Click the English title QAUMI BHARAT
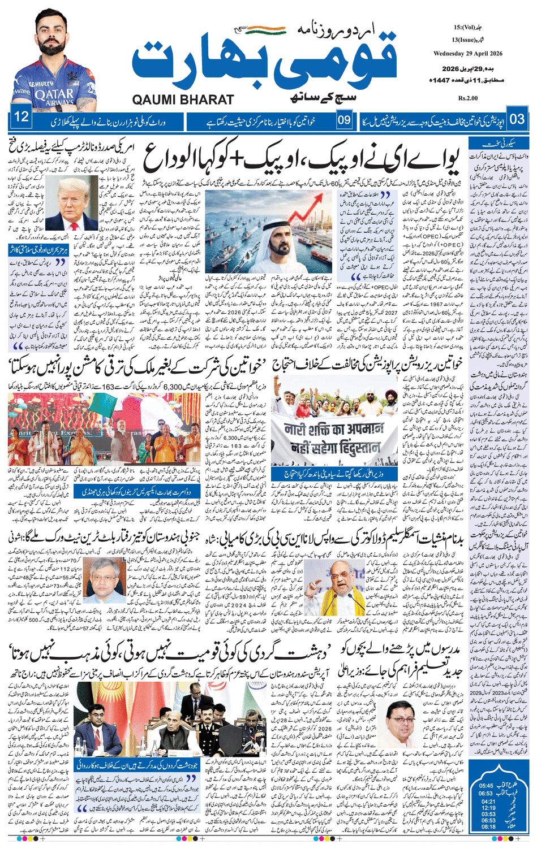coord(183,99)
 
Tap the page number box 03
coord(517,119)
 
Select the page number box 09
coord(344,120)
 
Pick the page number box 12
coord(21,118)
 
